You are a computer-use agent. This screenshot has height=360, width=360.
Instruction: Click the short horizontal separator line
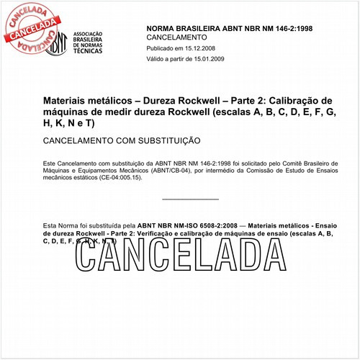(190, 199)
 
